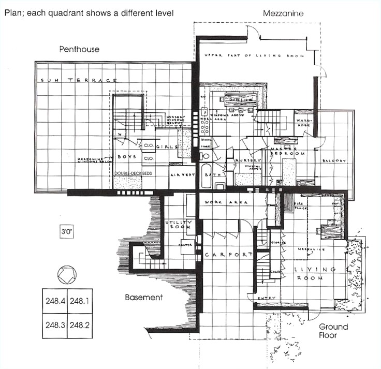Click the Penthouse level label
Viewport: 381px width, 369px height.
(x=79, y=49)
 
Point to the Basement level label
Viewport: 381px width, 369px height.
(x=144, y=297)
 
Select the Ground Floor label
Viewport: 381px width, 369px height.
(x=333, y=331)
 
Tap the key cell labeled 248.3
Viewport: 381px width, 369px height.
(x=54, y=326)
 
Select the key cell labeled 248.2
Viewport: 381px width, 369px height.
(x=80, y=326)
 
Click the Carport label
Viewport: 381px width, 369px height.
(x=228, y=255)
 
